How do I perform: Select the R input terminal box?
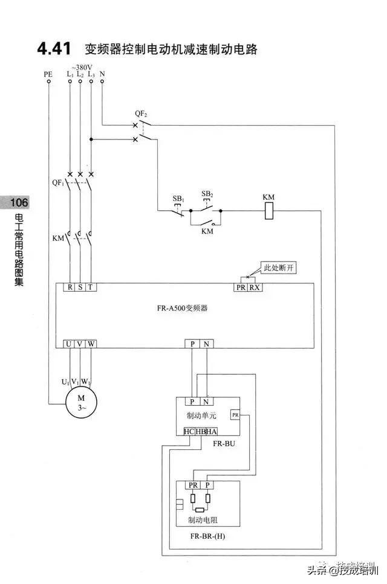[70, 287]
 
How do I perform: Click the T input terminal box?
[90, 287]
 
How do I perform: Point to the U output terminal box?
[69, 344]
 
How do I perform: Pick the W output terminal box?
[91, 344]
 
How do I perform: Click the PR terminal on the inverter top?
[241, 287]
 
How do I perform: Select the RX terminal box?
[255, 287]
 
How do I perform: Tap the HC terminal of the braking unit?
[188, 431]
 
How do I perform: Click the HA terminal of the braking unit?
[212, 431]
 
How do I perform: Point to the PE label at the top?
[48, 74]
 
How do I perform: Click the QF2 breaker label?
[142, 113]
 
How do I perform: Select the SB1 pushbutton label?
[178, 198]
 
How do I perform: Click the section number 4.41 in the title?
[54, 49]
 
